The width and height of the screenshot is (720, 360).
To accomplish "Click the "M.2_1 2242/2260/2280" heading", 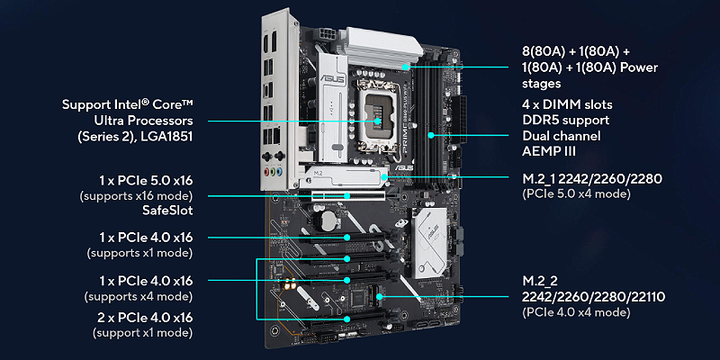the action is (x=592, y=178).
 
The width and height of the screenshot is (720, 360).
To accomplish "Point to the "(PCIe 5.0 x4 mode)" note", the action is (x=576, y=193).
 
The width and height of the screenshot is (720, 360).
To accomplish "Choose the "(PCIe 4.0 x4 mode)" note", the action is (x=576, y=312).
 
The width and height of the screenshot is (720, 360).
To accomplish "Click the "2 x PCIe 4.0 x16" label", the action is (x=146, y=318).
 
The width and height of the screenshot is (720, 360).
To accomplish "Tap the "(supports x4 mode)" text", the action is (x=139, y=296).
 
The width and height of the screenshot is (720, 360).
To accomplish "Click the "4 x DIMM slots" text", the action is (x=567, y=104).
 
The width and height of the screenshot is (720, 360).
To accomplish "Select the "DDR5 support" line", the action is (x=566, y=121).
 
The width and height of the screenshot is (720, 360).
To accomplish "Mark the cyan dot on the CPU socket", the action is (x=377, y=121).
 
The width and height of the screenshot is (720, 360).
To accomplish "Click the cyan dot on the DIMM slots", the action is (x=431, y=135).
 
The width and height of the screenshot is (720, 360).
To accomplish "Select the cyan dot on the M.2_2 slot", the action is (x=379, y=297).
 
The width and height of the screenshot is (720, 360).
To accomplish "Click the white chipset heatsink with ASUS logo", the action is (x=430, y=242).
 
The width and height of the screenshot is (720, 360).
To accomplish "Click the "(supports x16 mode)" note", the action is (x=137, y=196).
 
